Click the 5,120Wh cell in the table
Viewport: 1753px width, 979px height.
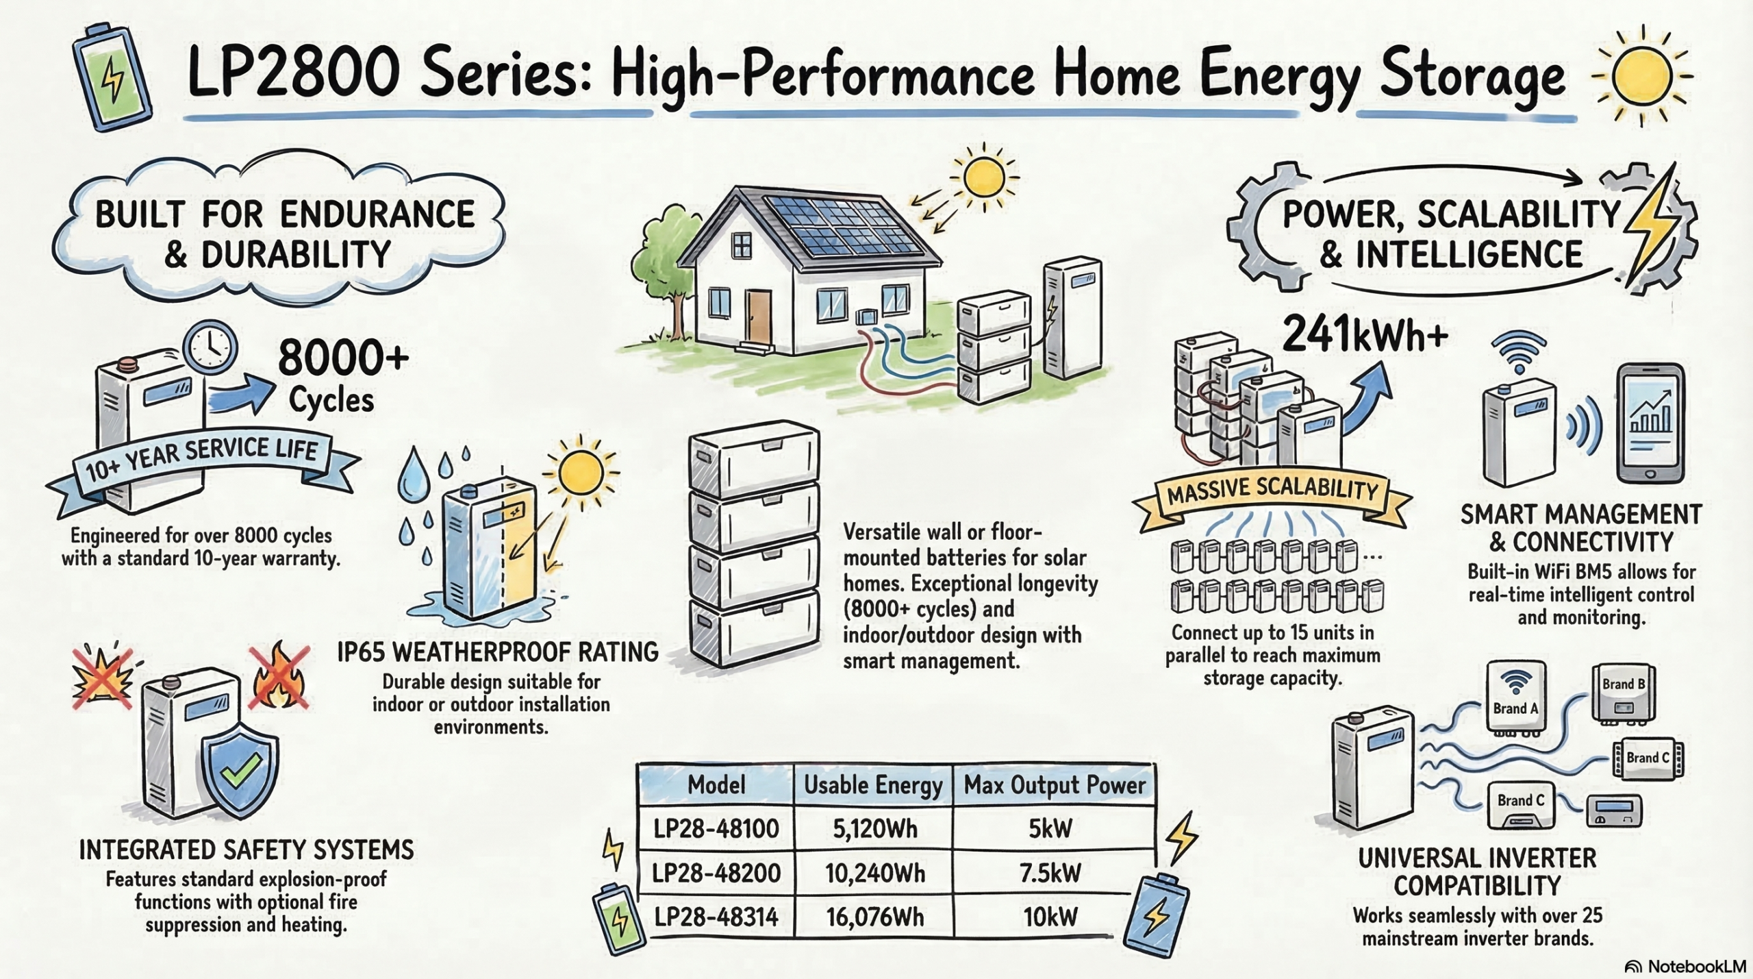pyautogui.click(x=874, y=829)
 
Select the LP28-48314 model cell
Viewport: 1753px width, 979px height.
pyautogui.click(x=716, y=917)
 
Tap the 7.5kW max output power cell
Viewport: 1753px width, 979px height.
pyautogui.click(x=1050, y=873)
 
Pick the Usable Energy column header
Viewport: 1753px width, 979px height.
pyautogui.click(x=873, y=785)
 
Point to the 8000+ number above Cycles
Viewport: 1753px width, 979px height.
pyautogui.click(x=343, y=358)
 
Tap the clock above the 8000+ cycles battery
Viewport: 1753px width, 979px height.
pyautogui.click(x=212, y=347)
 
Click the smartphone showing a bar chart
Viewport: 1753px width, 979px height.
pyautogui.click(x=1650, y=424)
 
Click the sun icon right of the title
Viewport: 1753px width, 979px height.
pyautogui.click(x=1641, y=75)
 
